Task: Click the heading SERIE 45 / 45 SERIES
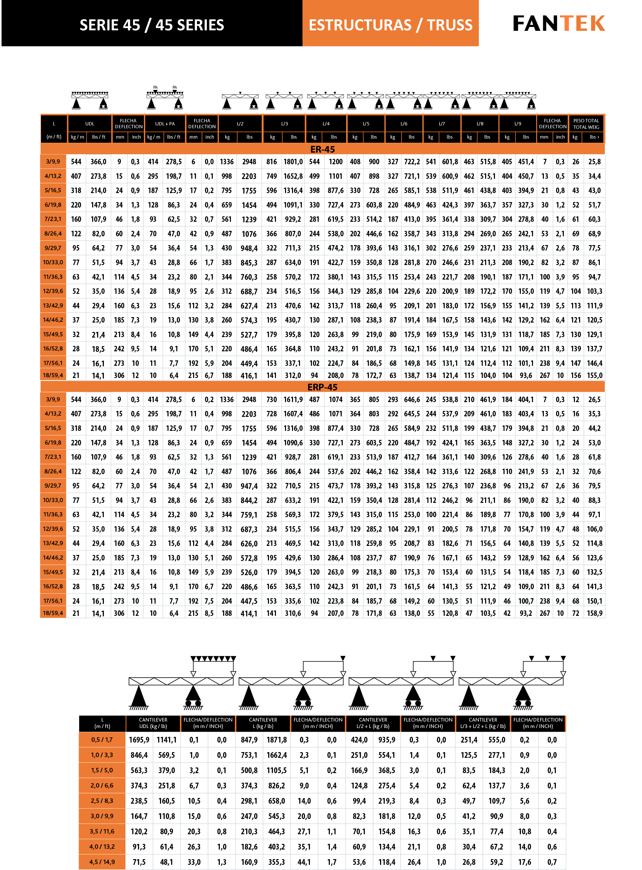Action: [x=151, y=25]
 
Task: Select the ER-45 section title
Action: [x=322, y=149]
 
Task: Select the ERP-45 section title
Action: [x=322, y=387]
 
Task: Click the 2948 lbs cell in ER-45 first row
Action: [x=249, y=162]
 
